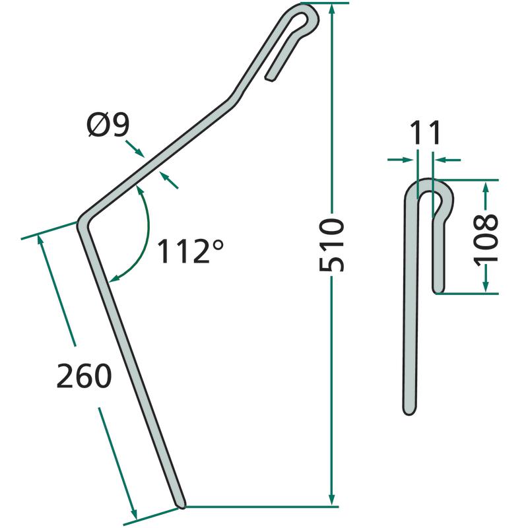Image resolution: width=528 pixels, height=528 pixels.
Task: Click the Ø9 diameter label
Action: point(108,125)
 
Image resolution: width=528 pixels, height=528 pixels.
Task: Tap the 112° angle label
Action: point(190,251)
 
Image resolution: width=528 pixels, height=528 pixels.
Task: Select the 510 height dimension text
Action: point(331,244)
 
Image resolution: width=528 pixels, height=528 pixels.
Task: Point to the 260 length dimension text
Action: point(84,376)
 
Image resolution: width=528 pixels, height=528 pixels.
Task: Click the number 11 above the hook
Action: point(425,133)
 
